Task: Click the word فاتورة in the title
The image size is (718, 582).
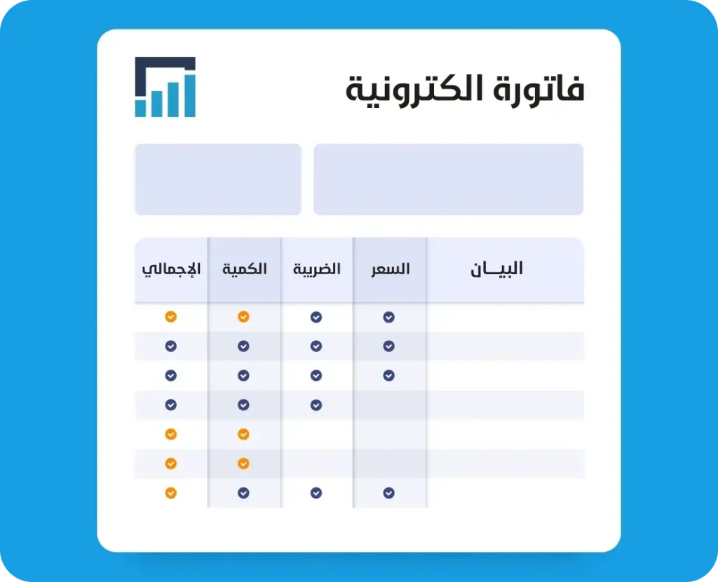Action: tap(538, 89)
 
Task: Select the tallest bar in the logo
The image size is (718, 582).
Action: tap(190, 95)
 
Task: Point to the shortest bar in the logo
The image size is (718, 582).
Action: tap(140, 109)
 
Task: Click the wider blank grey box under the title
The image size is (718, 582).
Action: tap(448, 179)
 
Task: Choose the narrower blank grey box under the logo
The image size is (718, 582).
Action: tap(218, 179)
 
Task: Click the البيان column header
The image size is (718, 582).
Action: tap(497, 269)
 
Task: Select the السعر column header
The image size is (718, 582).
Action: tap(390, 269)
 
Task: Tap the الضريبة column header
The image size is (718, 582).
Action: tap(317, 269)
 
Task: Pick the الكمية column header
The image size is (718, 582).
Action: tap(245, 269)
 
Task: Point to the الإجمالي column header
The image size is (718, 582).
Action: tap(171, 269)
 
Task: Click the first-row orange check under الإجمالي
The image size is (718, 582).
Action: tap(171, 317)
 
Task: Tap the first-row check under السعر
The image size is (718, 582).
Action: tap(388, 317)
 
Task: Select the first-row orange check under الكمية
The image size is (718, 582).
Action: tap(243, 317)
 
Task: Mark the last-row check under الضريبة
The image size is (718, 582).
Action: tap(316, 493)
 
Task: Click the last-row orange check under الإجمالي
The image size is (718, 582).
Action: tap(171, 493)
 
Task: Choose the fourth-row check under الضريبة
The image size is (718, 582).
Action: tap(316, 405)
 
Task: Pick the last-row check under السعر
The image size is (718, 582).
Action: tap(388, 493)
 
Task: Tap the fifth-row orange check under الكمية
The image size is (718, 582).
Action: tap(243, 434)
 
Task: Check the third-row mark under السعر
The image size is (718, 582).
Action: tap(388, 375)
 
